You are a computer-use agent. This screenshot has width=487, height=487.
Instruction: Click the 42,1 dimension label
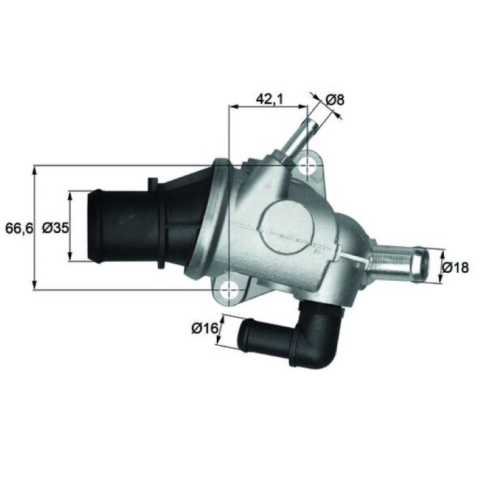click(270, 99)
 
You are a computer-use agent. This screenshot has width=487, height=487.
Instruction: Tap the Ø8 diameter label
click(335, 100)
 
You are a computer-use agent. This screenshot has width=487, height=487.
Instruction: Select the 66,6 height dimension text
click(19, 229)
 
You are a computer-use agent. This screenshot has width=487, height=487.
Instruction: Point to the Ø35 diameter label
click(55, 229)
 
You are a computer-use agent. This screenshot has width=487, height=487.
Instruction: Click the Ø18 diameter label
click(455, 267)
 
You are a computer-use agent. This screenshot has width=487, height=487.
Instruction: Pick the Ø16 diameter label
click(205, 328)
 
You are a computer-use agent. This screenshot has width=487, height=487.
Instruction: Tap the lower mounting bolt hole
click(228, 290)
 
